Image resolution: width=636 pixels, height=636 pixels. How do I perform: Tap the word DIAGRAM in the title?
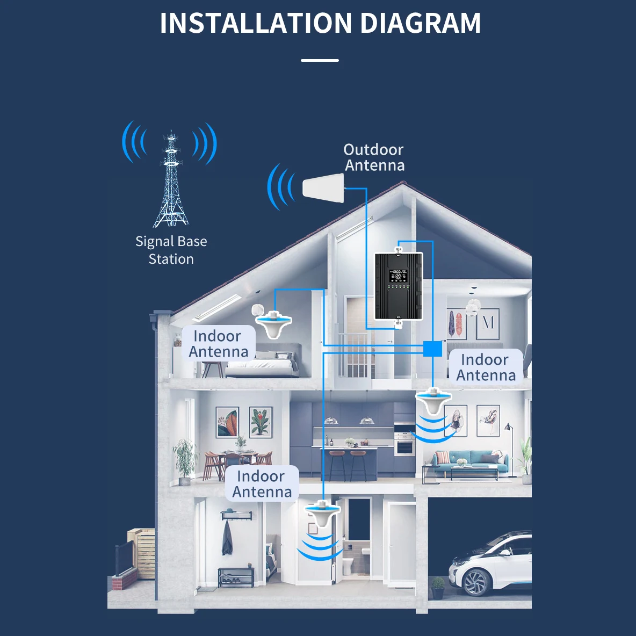tap(420, 23)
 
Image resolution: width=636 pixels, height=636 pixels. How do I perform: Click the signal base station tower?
tap(171, 178)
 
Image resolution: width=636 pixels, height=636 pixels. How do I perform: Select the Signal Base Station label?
tap(171, 250)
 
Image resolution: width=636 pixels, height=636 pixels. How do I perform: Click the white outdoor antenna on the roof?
tap(323, 188)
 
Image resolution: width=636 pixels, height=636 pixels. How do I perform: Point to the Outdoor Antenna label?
tap(374, 157)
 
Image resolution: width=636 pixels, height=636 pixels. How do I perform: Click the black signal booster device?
tap(399, 286)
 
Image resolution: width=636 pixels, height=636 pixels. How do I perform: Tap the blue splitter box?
tap(433, 349)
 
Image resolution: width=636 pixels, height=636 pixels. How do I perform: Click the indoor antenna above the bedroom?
tap(274, 324)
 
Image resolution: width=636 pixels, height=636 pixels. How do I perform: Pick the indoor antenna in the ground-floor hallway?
tap(322, 514)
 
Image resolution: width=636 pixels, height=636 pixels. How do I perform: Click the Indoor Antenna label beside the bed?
tap(218, 344)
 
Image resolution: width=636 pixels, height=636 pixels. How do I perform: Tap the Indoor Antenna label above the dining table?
tap(262, 484)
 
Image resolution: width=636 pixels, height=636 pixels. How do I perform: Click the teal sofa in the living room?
tap(469, 462)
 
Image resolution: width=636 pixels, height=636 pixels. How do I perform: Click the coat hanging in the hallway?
tap(227, 538)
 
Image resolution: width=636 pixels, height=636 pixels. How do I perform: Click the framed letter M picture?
tap(487, 324)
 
